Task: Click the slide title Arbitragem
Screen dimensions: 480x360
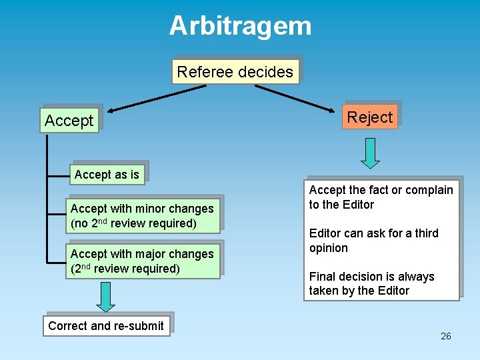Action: pos(240,26)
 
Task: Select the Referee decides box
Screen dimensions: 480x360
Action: pos(235,72)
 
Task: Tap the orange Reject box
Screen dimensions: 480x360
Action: pos(370,117)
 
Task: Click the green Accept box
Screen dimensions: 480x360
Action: pos(69,121)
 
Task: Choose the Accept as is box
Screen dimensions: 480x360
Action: pos(107,175)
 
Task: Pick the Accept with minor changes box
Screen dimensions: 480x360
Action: pos(143,216)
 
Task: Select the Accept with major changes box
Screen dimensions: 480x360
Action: pos(143,261)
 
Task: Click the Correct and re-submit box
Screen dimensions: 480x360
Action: pos(106,326)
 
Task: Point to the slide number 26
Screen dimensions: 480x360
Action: pos(446,336)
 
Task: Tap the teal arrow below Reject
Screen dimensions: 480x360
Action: pos(370,153)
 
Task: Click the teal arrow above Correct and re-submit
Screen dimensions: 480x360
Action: pos(105,297)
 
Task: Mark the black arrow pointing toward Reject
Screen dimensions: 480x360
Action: pos(303,99)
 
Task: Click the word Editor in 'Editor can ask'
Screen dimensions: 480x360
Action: pos(326,233)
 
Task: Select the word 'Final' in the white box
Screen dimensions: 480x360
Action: pos(323,277)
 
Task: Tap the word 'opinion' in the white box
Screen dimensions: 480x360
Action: pos(329,248)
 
